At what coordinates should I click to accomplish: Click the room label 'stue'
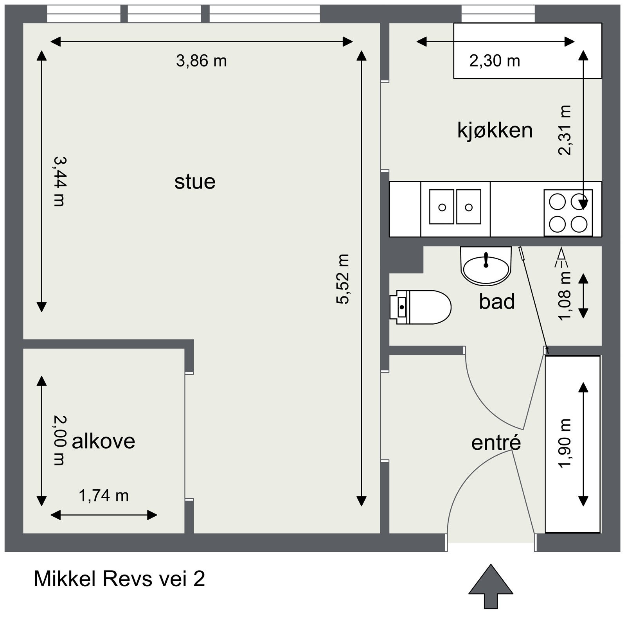coord(195,182)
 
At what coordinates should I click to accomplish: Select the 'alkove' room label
coord(104,441)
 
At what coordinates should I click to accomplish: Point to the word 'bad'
coord(497,302)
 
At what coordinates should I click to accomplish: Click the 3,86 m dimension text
coord(201,61)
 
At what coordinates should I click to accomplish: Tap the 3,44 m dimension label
coord(59,181)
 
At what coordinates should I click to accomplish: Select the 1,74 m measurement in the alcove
coord(104,496)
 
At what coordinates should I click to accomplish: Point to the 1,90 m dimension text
coord(565,443)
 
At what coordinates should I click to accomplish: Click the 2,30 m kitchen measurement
coord(495,61)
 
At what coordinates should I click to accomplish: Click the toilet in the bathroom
coord(421,307)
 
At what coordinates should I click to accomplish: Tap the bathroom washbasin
coord(486,266)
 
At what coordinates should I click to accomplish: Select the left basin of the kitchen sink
coord(442,207)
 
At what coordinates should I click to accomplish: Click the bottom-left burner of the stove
coord(557,224)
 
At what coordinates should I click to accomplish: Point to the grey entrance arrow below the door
coord(491,586)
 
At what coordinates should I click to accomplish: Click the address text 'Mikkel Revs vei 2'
coord(119,579)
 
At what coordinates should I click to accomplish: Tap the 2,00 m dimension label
coord(59,440)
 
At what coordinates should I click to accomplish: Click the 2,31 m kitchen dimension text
coord(565,130)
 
